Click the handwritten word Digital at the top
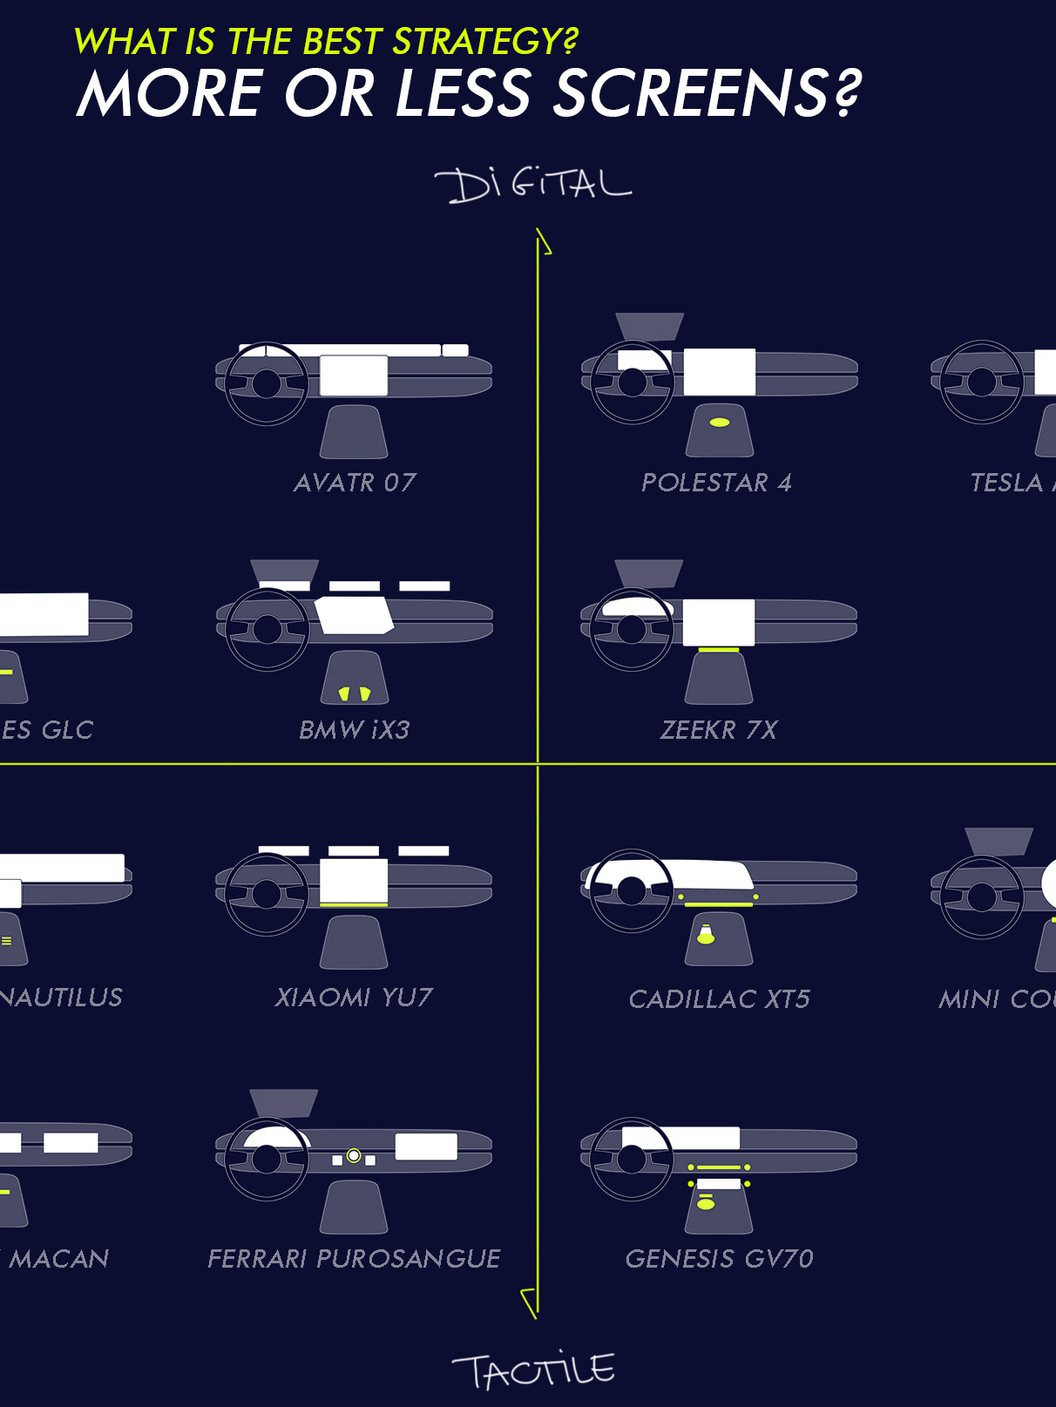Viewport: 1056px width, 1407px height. [532, 184]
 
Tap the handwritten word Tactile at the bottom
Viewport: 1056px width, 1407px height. [533, 1370]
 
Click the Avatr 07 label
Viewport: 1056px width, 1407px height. [355, 483]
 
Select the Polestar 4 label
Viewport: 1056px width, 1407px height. [716, 483]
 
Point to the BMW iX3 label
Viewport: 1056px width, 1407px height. [354, 730]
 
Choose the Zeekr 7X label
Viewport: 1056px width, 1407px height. [719, 730]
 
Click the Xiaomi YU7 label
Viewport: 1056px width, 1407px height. [354, 998]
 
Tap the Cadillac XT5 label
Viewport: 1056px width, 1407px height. [720, 999]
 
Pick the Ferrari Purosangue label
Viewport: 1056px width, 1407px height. [354, 1259]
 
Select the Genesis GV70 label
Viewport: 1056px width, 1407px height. [720, 1259]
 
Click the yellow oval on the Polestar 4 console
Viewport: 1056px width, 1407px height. [720, 423]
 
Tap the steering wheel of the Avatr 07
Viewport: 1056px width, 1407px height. [266, 383]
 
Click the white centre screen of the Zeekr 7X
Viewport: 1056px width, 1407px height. [719, 623]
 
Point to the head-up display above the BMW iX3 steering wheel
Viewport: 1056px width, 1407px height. [285, 572]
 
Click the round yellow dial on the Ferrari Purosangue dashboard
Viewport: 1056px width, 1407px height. [354, 1156]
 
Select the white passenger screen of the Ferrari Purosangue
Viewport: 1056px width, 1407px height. [426, 1147]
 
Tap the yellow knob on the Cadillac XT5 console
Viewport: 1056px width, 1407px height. [706, 935]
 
